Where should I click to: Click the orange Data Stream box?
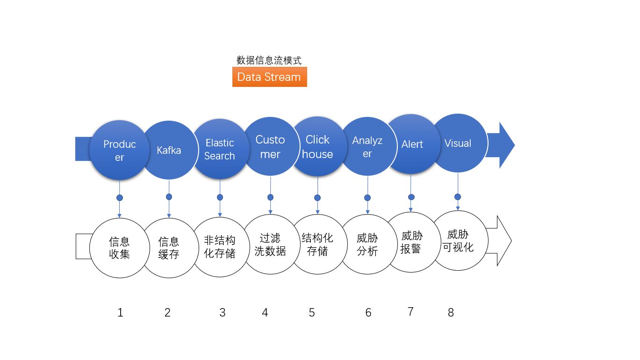[269, 77]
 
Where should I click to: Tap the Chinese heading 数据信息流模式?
[269, 60]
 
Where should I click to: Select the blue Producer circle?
[119, 150]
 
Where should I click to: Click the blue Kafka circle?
[169, 150]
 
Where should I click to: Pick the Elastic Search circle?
[220, 149]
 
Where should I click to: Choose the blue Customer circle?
[270, 147]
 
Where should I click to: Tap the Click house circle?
[317, 147]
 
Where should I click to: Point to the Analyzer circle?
[367, 146]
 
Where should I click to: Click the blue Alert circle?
[411, 144]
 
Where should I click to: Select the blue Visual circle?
[458, 143]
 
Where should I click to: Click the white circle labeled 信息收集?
[119, 248]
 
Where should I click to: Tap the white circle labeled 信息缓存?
[169, 248]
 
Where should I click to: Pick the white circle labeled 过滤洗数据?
[270, 244]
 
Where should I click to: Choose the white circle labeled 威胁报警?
[411, 242]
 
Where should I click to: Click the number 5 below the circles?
[312, 313]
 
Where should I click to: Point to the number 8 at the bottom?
[451, 313]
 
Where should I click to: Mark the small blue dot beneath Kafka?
[169, 197]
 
